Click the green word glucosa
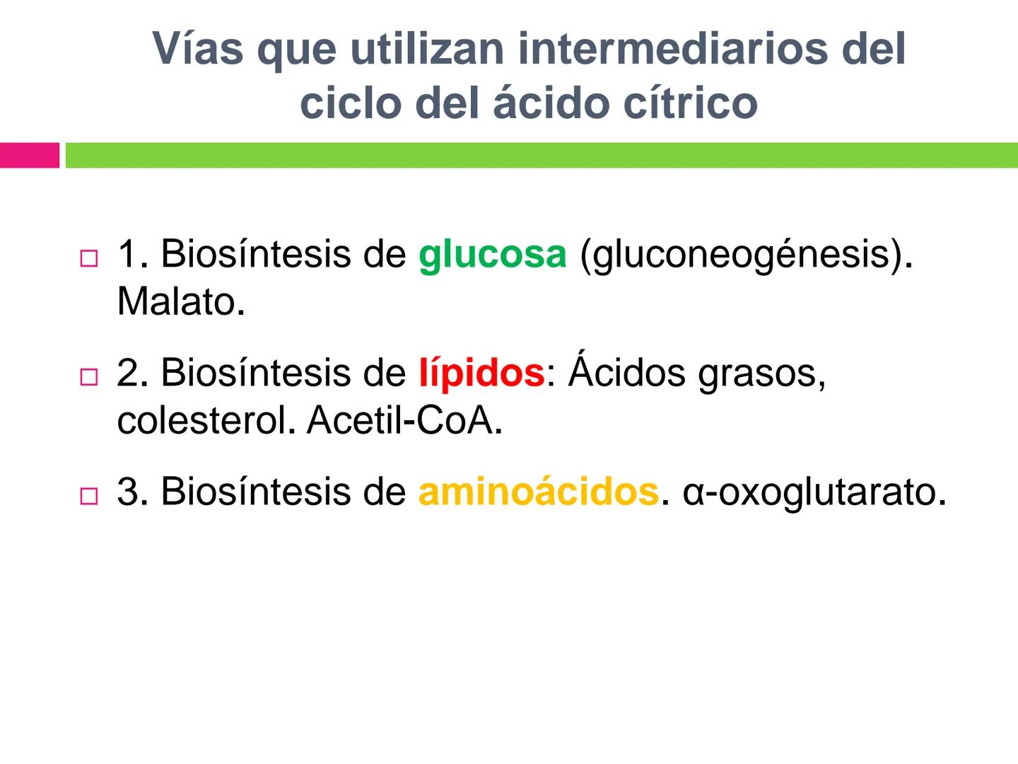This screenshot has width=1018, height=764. pyautogui.click(x=492, y=255)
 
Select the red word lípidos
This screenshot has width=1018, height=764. pyautogui.click(x=481, y=373)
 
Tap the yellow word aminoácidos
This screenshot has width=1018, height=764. pyautogui.click(x=538, y=492)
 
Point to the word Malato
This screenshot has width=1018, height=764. pyautogui.click(x=180, y=302)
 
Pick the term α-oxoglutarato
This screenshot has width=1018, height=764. pyautogui.click(x=814, y=492)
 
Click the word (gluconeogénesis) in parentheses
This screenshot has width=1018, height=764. pyautogui.click(x=746, y=255)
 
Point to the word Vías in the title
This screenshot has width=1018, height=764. pyautogui.click(x=199, y=49)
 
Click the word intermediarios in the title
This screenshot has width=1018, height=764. pyautogui.click(x=662, y=49)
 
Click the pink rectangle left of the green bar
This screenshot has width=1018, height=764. pyautogui.click(x=29, y=156)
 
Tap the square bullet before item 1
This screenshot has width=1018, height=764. pyautogui.click(x=88, y=258)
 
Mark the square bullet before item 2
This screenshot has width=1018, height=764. pyautogui.click(x=88, y=377)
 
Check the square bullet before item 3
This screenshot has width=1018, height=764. pyautogui.click(x=88, y=496)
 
